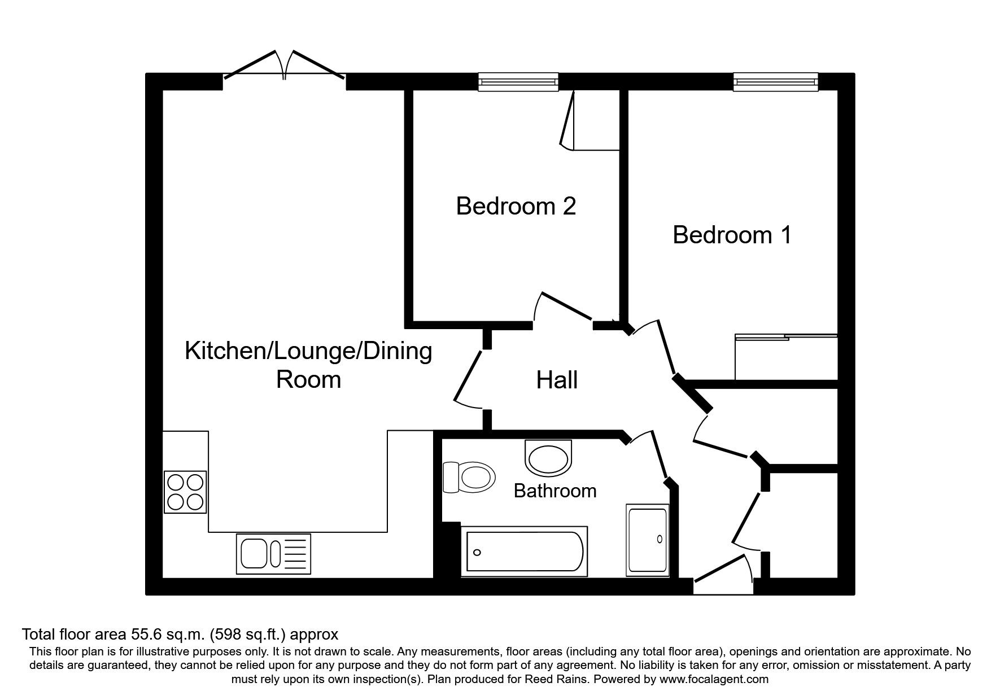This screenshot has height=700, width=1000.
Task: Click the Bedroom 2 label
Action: point(516,206)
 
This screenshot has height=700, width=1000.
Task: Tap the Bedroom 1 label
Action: point(732,235)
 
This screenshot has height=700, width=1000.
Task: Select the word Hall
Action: point(557,380)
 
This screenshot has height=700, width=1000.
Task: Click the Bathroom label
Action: point(554,491)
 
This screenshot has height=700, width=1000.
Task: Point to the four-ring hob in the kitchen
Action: point(185,492)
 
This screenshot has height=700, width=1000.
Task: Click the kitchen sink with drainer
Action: point(273,553)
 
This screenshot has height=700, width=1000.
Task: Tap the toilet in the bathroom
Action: point(469,478)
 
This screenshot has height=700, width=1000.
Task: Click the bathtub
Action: point(523,552)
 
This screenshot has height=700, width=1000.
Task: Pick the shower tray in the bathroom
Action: point(648,540)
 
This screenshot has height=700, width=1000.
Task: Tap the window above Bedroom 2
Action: point(518,82)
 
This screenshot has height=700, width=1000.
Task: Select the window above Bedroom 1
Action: point(775,82)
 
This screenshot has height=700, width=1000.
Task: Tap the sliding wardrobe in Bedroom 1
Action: point(786,357)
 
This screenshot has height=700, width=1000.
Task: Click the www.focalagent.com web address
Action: point(714,679)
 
